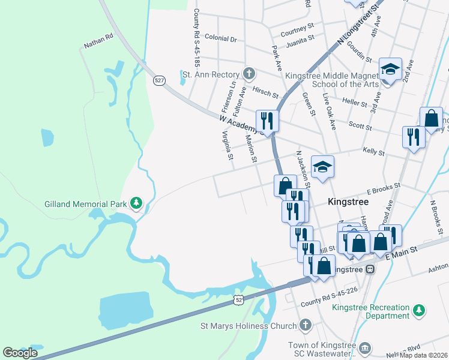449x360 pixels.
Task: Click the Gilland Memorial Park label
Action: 85,204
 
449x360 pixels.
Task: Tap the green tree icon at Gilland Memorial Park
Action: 136,203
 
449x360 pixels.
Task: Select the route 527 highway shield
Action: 159,80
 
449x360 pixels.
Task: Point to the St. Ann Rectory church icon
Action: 249,74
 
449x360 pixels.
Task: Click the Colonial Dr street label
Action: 221,38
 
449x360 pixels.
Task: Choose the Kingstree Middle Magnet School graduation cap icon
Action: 390,70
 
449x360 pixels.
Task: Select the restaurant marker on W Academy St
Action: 265,120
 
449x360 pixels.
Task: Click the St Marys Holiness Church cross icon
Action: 305,326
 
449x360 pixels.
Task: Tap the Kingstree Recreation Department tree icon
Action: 419,310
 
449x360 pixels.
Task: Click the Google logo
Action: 20,353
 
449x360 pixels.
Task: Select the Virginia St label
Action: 228,146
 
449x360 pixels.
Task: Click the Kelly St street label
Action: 373,152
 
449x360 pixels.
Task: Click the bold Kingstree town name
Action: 349,203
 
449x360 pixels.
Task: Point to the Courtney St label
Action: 298,28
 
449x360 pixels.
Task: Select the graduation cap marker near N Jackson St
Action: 322,167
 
